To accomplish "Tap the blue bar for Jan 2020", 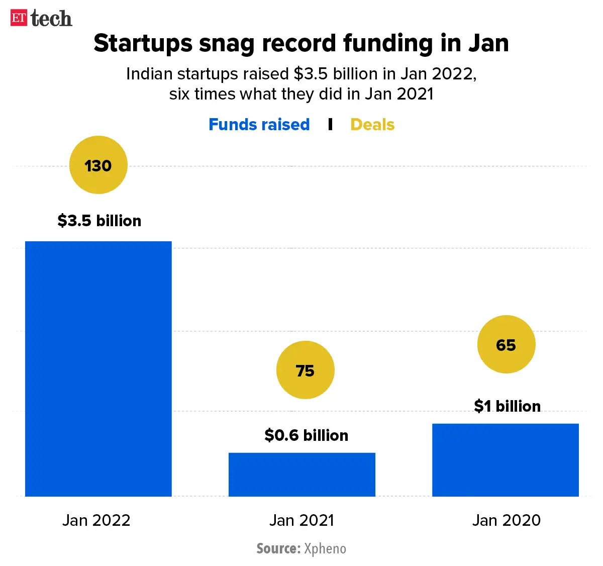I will click(x=506, y=459).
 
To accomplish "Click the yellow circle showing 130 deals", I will click(x=98, y=165).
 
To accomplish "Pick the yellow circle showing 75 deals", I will click(x=305, y=370).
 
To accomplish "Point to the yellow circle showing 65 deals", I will click(x=506, y=344).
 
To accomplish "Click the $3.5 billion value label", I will click(x=99, y=221).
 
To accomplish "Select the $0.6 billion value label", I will click(x=306, y=435).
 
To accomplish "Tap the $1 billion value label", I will click(x=507, y=406).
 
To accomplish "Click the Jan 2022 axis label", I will click(x=96, y=520).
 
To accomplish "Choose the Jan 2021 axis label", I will click(x=301, y=520).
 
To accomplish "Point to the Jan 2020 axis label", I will click(x=507, y=520).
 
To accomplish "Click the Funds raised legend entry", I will click(x=259, y=124).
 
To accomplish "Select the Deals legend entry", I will click(x=372, y=124).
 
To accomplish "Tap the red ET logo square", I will click(x=19, y=18).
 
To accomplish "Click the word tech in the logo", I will click(x=51, y=19).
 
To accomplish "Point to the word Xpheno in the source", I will click(x=325, y=548).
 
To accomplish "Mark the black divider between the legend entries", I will click(x=330, y=124).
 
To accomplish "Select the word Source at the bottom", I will click(x=278, y=548).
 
